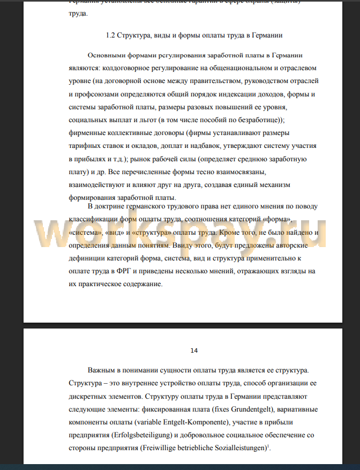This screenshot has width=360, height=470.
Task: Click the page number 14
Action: pyautogui.click(x=194, y=350)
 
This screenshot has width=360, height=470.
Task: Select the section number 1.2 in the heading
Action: pyautogui.click(x=111, y=35)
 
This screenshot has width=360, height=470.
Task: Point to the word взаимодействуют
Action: pyautogui.click(x=97, y=185)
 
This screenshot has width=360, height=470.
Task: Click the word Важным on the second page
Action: pyautogui.click(x=103, y=371)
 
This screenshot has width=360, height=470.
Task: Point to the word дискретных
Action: pyautogui.click(x=89, y=397)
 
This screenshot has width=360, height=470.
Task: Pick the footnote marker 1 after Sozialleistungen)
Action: pyautogui.click(x=268, y=446)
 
